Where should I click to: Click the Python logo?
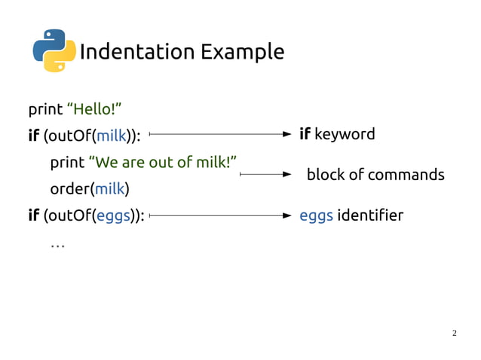point(54,50)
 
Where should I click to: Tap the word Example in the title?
point(242,52)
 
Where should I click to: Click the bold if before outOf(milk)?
point(34,135)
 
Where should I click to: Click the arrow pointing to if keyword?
point(220,134)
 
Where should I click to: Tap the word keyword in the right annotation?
point(345,134)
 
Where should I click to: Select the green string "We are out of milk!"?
point(163,162)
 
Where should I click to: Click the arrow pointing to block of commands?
point(265,175)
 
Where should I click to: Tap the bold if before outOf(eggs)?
point(34,216)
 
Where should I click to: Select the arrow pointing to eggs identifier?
point(220,215)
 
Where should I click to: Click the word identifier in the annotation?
point(370,216)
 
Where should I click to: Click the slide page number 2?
point(454,333)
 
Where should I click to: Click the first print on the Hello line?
point(45,110)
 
